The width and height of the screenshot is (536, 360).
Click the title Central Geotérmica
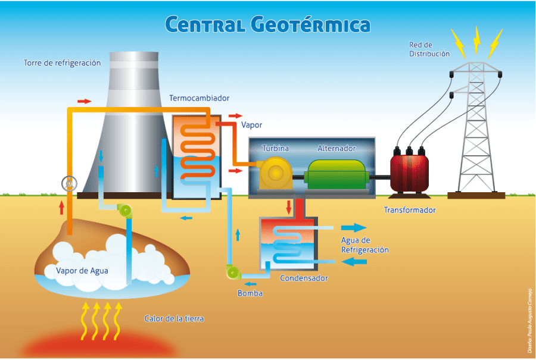[x=267, y=24]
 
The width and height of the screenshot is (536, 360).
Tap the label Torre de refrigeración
[x=62, y=62]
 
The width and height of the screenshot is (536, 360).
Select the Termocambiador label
[x=199, y=98]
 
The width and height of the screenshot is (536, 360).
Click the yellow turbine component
[x=275, y=173]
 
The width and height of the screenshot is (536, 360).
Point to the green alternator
[x=336, y=173]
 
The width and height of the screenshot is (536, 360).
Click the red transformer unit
[x=410, y=172]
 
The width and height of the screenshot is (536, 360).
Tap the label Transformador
[x=409, y=210]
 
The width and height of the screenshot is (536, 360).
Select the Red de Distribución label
[x=429, y=49]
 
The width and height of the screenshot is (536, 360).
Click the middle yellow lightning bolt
[x=476, y=39]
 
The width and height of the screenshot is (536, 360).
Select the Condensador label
[x=304, y=278]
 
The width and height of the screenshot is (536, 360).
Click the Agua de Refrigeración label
[x=364, y=245]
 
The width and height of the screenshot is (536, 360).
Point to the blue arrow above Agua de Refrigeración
[x=354, y=228]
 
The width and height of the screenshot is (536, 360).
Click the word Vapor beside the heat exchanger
[x=251, y=126]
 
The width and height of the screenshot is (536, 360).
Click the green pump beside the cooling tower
[x=126, y=210]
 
